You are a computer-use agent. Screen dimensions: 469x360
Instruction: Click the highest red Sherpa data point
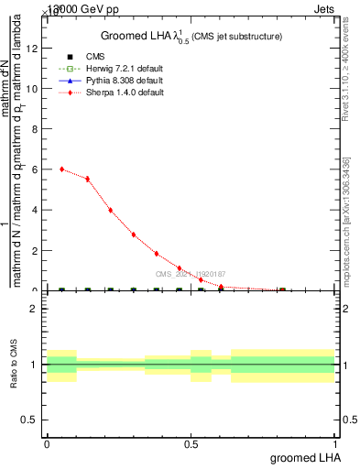click(x=61, y=169)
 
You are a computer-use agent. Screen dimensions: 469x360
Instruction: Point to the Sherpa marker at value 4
click(x=110, y=210)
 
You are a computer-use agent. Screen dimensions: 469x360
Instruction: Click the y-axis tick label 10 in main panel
click(x=34, y=90)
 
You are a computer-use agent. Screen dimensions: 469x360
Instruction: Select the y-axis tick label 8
click(x=36, y=130)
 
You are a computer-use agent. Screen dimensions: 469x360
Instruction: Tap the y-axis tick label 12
click(x=34, y=49)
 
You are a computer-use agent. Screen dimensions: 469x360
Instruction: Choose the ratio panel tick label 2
click(x=34, y=309)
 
